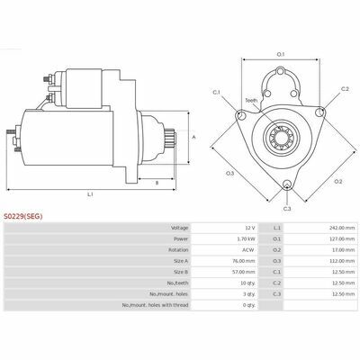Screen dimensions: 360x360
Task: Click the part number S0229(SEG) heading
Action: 23,216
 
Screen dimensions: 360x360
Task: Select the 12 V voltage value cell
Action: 249,228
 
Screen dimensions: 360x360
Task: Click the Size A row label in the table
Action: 181,261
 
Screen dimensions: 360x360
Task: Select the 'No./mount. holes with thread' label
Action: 155,305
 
